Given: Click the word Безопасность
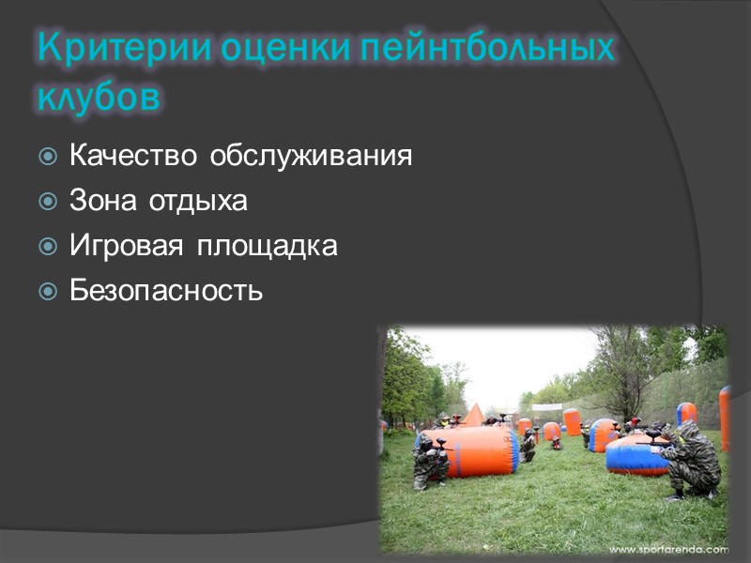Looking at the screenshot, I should (x=166, y=291).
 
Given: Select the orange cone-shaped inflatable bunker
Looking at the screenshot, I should (x=473, y=415).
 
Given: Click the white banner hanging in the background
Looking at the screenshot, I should (x=547, y=407).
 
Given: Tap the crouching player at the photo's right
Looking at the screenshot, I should (x=690, y=460).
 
